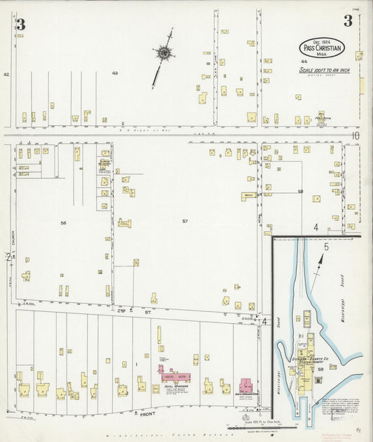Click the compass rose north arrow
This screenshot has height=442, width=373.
(x=163, y=53)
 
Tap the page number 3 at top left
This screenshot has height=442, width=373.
(x=20, y=24)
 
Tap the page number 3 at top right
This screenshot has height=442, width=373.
(x=347, y=22)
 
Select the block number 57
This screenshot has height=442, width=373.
(x=185, y=222)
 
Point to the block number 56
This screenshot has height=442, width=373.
(x=63, y=222)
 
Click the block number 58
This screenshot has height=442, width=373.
(x=300, y=191)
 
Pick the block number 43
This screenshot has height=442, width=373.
(x=115, y=73)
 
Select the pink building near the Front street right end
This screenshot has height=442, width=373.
(x=247, y=385)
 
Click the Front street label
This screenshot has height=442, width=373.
(x=146, y=414)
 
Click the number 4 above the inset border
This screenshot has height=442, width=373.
(x=316, y=227)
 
